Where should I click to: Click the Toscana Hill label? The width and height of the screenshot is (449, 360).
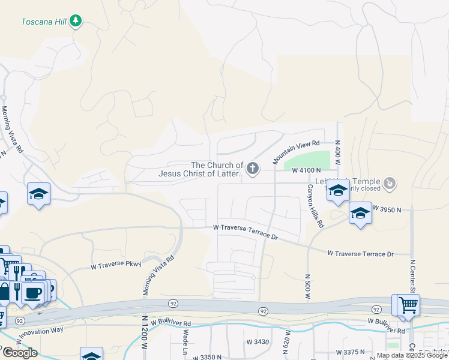(43, 22)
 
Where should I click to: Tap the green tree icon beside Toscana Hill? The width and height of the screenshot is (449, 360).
(75, 22)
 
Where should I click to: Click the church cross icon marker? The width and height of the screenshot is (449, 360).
(253, 169)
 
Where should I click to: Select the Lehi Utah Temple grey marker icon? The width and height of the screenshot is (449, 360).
(390, 182)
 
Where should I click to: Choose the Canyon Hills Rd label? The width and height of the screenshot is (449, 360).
(316, 206)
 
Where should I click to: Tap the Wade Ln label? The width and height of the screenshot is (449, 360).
(186, 341)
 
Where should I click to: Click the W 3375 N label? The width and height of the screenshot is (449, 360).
(351, 352)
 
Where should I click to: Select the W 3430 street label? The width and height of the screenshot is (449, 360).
(258, 341)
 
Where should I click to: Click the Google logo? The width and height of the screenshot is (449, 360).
(19, 353)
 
